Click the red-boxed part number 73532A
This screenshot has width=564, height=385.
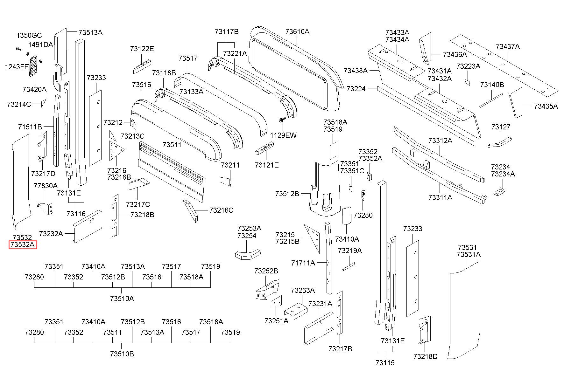[23, 245]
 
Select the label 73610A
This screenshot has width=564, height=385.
[297, 31]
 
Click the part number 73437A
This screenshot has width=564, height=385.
[508, 46]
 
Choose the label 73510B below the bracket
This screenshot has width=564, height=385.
[122, 354]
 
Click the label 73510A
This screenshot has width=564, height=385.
[122, 299]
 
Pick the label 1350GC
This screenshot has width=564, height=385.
[29, 35]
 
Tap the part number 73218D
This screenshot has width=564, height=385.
[425, 356]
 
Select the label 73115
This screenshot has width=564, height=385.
[385, 363]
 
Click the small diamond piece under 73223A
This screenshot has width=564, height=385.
[467, 82]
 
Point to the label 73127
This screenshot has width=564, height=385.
[501, 127]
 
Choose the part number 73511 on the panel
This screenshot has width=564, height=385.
[172, 145]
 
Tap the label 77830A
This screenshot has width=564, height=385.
[46, 186]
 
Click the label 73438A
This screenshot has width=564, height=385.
[356, 71]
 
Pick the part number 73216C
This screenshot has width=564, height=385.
[221, 210]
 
